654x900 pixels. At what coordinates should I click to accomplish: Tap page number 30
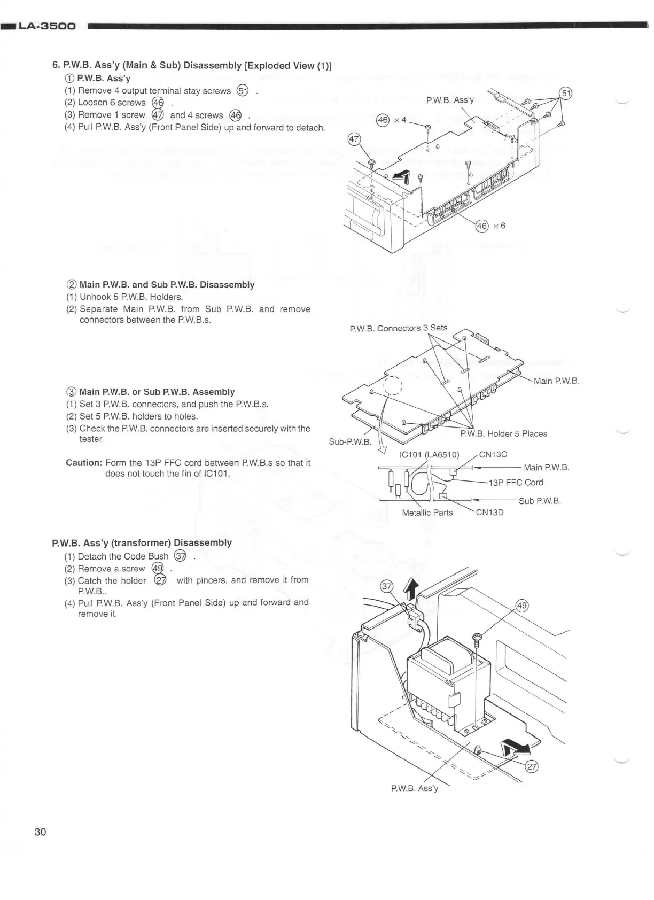tap(40, 832)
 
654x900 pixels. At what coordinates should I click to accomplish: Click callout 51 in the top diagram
tap(565, 94)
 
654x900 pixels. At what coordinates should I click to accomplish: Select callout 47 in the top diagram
tap(354, 140)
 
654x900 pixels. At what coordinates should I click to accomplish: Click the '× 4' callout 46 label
tap(391, 120)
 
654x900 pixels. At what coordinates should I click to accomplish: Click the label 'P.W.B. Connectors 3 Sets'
tap(398, 328)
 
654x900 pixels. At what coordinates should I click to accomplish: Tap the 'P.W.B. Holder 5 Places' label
tap(503, 433)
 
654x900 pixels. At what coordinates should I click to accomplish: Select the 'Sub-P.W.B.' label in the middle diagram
tap(350, 442)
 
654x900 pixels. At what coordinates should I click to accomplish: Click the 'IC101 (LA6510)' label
tap(429, 455)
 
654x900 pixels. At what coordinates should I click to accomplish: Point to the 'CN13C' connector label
tap(493, 454)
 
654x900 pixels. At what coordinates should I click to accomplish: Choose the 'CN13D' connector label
tap(489, 513)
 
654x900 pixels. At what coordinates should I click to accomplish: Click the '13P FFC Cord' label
tap(516, 483)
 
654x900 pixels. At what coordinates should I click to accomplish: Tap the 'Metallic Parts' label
tap(427, 513)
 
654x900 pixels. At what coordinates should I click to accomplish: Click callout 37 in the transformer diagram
tap(386, 586)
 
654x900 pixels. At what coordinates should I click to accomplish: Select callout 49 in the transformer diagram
tap(521, 606)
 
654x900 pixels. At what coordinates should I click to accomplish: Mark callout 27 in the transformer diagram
tap(532, 766)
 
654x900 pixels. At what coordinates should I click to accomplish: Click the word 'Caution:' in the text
tap(83, 462)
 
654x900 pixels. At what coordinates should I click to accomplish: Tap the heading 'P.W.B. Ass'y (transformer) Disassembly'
tap(142, 542)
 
